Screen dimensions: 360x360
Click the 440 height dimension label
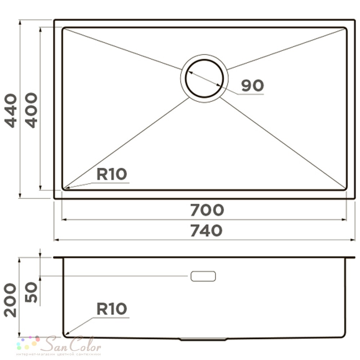coord(11,111)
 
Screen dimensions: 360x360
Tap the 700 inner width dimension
coord(207,210)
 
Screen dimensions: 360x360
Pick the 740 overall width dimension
coord(206,230)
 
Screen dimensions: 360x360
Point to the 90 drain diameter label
coord(253,85)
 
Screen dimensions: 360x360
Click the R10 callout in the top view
coord(112,174)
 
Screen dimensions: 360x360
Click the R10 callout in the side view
coord(112,309)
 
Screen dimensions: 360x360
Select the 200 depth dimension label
coord(10,300)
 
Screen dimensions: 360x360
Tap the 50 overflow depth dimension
coord(31,292)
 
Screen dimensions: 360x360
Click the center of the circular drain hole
coord(204,78)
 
